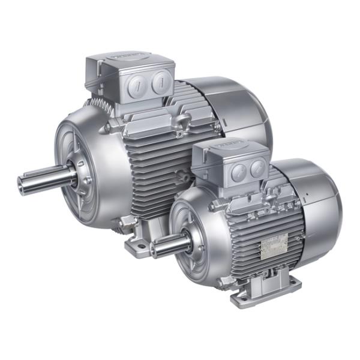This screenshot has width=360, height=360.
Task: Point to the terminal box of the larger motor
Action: [x=132, y=81]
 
